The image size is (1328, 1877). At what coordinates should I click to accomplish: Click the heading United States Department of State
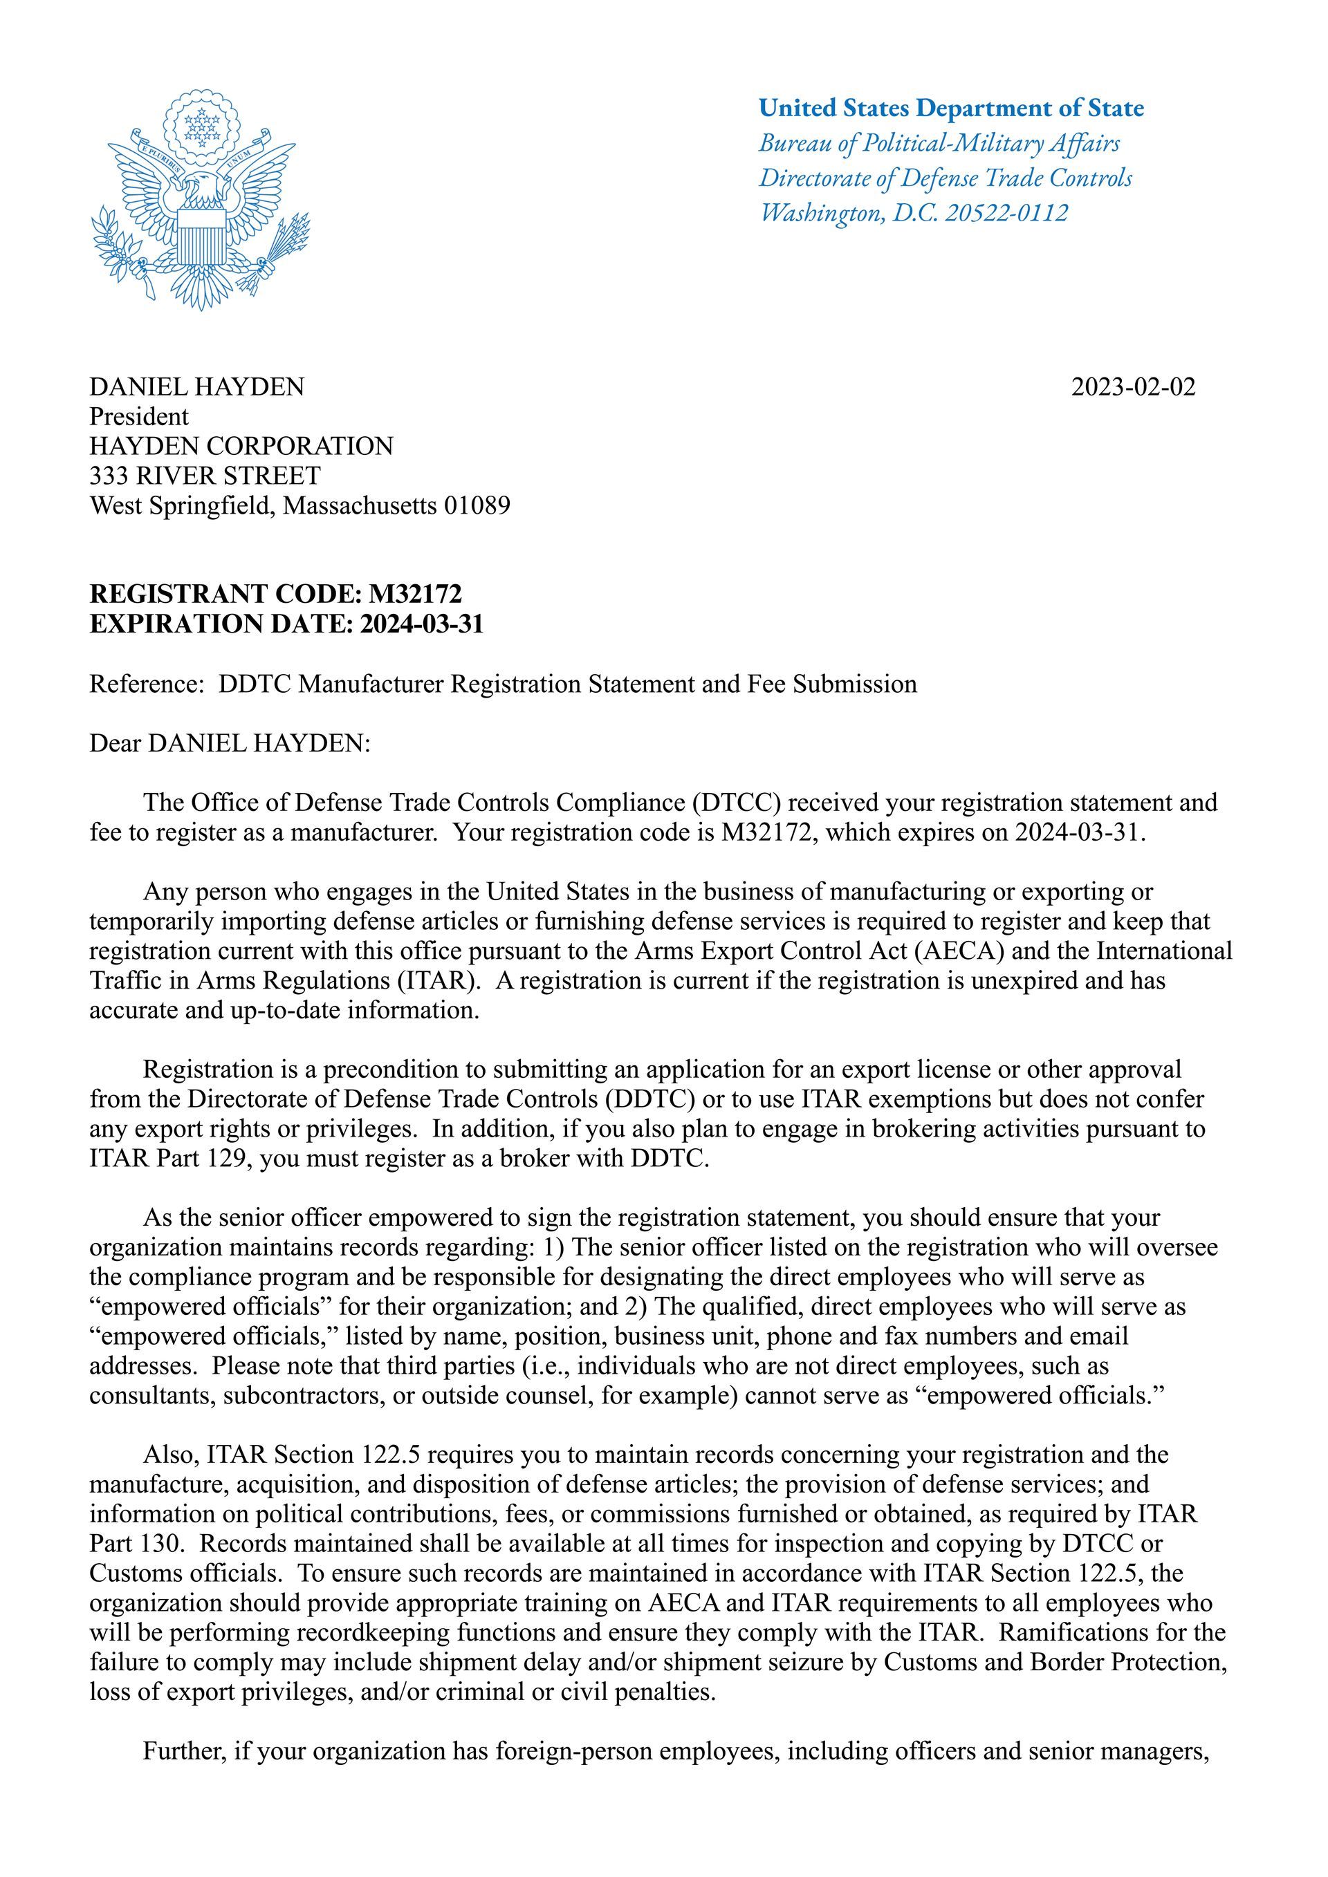[x=951, y=108]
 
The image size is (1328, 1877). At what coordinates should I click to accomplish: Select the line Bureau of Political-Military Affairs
[x=939, y=143]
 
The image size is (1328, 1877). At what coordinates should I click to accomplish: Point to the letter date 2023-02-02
[x=1132, y=386]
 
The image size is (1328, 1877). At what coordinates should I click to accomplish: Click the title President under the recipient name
[x=138, y=416]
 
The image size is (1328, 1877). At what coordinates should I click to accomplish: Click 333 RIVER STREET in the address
[x=205, y=475]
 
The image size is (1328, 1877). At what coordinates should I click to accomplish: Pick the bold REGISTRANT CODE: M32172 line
[x=275, y=593]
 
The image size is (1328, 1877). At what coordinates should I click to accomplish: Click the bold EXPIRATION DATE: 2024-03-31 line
[x=286, y=624]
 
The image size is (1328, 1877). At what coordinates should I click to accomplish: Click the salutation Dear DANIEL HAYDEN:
[x=230, y=743]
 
